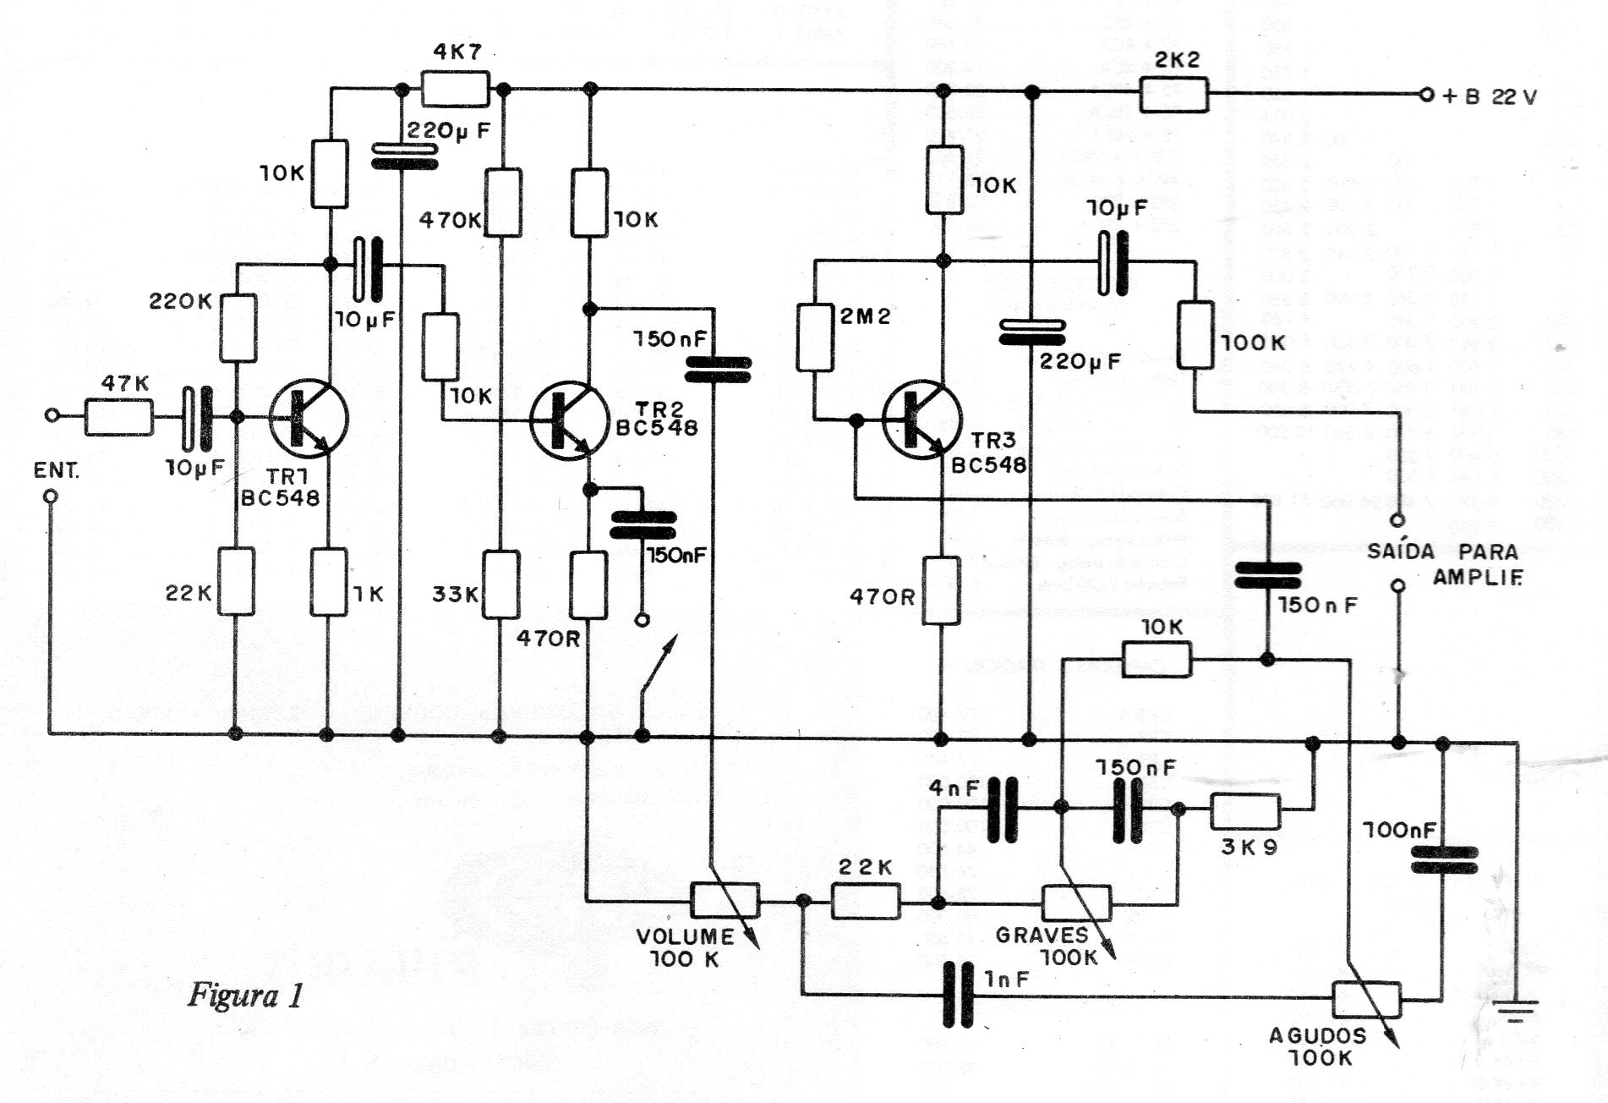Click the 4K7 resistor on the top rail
tap(455, 89)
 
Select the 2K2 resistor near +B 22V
tap(1173, 95)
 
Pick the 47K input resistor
tap(119, 418)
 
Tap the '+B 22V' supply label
tap(1489, 96)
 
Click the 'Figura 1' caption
tap(244, 995)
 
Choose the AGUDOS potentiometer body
tap(1366, 999)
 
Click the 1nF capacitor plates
tap(958, 995)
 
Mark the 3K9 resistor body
tap(1245, 812)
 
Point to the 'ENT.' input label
tap(56, 471)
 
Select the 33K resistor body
tap(501, 584)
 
